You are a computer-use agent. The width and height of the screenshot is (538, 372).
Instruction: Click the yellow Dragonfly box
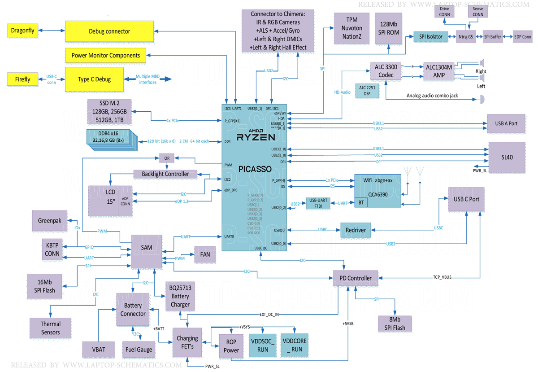click(22, 31)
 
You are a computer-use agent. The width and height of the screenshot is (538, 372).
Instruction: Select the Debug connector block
click(109, 31)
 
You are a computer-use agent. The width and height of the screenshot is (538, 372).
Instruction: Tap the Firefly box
click(22, 79)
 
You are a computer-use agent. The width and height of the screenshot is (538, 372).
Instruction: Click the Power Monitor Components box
click(105, 56)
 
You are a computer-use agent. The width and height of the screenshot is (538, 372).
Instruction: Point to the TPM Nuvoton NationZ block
click(348, 28)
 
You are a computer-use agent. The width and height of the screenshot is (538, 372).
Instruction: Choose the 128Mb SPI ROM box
click(388, 28)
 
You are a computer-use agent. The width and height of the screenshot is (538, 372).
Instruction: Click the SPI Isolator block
click(430, 36)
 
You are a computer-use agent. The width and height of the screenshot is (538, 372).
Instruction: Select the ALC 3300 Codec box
click(386, 71)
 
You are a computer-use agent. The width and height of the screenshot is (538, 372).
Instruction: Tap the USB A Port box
click(506, 123)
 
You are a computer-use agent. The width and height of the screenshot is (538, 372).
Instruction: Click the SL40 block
click(507, 157)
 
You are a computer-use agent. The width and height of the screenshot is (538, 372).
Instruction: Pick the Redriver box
click(356, 230)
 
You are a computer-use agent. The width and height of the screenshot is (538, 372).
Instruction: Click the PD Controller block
click(356, 278)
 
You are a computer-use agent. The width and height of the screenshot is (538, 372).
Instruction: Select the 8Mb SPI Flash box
click(395, 324)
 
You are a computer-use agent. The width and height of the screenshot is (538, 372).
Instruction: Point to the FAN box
click(205, 254)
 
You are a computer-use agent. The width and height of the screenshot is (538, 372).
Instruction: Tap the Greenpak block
click(49, 221)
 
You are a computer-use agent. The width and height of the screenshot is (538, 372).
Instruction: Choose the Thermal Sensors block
click(50, 328)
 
